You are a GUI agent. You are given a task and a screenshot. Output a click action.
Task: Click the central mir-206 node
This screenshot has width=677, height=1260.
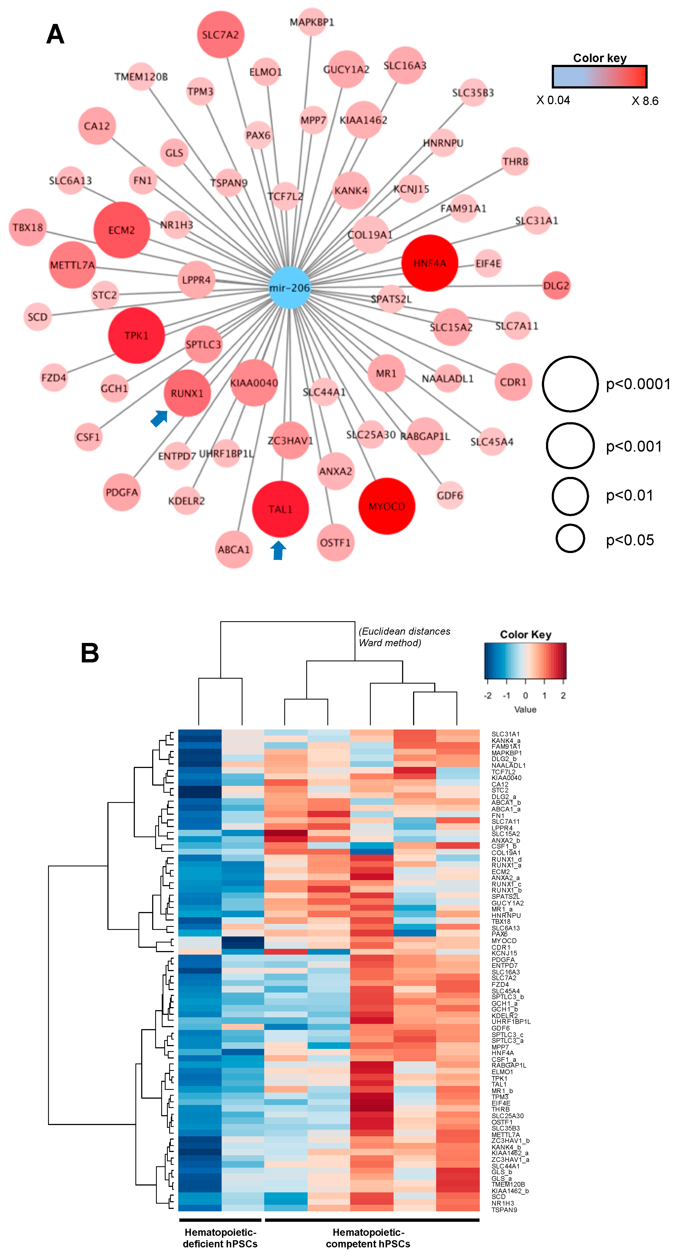point(289,288)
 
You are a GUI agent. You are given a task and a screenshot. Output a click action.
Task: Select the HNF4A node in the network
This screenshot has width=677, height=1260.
point(430,263)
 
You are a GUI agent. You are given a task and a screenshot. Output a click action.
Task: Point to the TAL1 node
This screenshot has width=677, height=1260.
point(280,509)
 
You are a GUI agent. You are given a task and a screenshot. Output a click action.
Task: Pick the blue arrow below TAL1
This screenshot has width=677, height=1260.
point(278,550)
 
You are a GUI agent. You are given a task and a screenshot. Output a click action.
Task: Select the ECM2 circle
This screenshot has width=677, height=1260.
point(121,230)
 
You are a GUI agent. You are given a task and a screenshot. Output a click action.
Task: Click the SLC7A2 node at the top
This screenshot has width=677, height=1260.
point(221,35)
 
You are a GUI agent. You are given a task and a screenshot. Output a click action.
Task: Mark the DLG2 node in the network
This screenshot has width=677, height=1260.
point(556,286)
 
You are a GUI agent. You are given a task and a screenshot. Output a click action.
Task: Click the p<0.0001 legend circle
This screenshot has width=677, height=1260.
point(570,384)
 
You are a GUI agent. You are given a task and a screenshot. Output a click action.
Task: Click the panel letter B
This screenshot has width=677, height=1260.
point(90,653)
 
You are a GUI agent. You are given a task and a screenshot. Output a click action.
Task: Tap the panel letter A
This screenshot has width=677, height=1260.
point(55,34)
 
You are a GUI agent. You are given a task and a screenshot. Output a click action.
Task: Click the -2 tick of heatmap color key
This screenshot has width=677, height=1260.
point(487,695)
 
